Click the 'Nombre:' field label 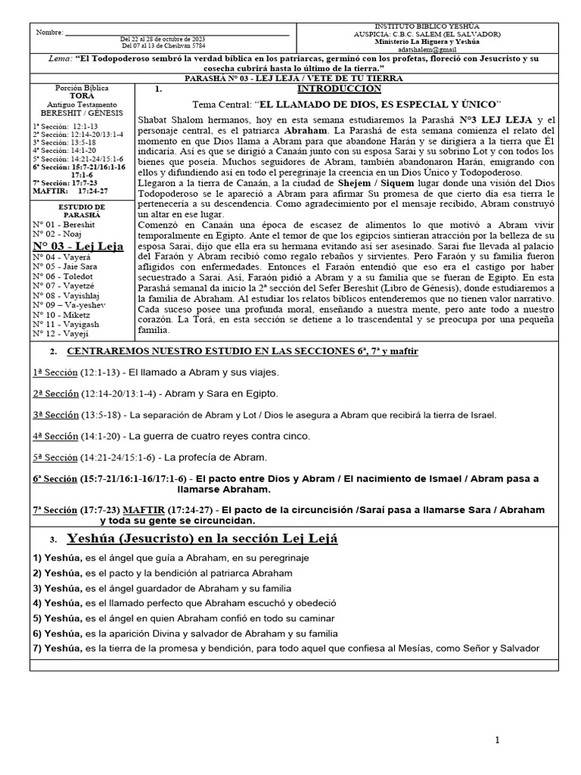(49, 33)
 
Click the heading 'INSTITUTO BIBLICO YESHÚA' (427, 26)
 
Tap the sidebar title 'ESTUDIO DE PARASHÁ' (80, 210)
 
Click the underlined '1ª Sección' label (55, 372)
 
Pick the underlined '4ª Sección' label (55, 437)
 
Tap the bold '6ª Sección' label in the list (55, 479)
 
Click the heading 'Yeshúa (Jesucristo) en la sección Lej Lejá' (202, 539)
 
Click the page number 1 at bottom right (497, 741)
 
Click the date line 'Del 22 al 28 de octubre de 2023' (163, 39)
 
